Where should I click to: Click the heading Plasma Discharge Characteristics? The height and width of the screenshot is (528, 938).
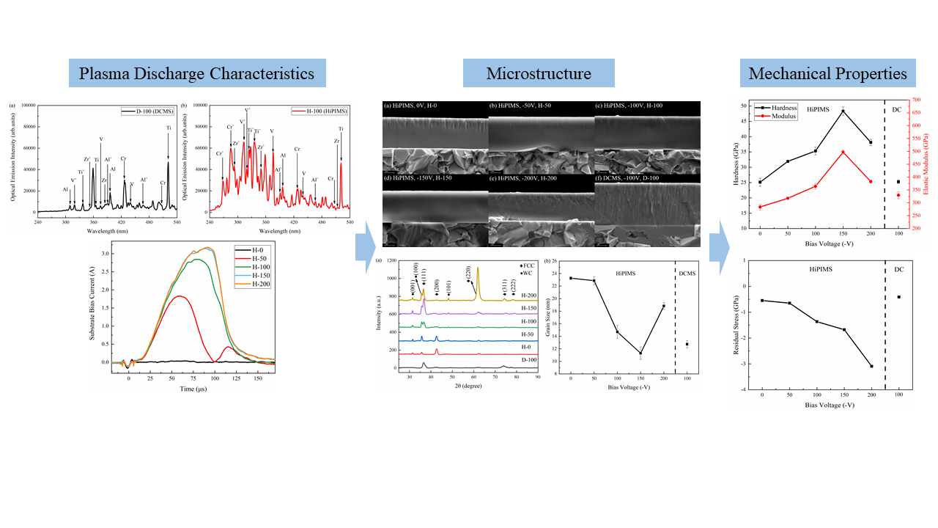196,73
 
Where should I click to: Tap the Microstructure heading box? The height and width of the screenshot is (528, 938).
539,73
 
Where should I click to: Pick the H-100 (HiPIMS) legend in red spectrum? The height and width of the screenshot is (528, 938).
324,111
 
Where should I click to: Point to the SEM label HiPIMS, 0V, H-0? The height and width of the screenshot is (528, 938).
416,107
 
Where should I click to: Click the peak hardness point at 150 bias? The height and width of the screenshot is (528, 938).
843,111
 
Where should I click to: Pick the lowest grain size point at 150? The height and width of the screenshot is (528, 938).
640,353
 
